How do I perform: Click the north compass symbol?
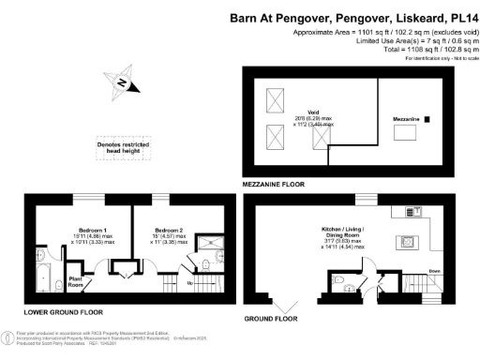(122, 82)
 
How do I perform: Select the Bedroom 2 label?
(168, 229)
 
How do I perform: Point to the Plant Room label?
(77, 280)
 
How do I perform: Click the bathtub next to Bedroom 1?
(41, 278)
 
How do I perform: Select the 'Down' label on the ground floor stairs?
(434, 271)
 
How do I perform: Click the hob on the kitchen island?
(410, 241)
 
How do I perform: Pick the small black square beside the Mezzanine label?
(427, 119)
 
